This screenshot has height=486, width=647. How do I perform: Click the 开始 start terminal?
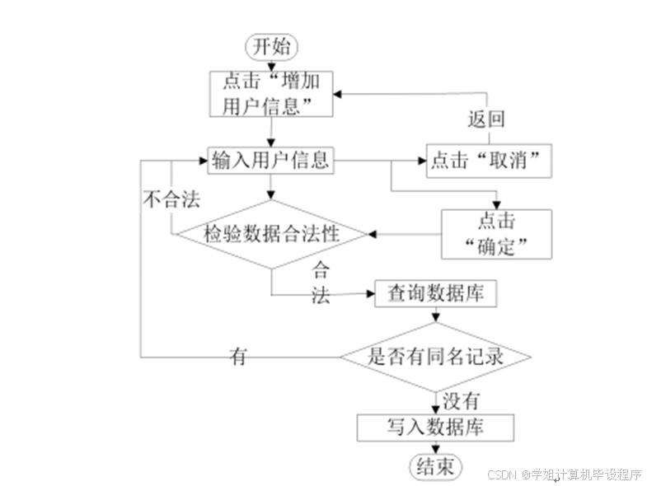coord(271,46)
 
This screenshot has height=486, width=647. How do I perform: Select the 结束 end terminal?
coord(435,468)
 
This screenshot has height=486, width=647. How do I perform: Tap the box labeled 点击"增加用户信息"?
coord(271,93)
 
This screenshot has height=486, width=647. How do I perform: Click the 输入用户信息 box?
coord(270,160)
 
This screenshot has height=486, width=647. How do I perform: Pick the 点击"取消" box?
coord(489,161)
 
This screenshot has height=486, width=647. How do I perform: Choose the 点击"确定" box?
coord(496,233)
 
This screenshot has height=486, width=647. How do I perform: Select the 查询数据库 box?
coord(436,294)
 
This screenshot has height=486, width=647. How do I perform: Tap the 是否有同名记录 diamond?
coord(436,357)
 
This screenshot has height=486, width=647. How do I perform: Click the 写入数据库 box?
coord(435,428)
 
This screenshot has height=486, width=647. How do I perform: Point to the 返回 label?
coord(486,119)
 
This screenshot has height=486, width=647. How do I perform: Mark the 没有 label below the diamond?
coord(462,402)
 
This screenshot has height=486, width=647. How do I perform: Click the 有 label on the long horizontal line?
coord(238,357)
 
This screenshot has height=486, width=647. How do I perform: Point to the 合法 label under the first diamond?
coord(321,283)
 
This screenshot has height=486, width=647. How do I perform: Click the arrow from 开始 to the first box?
coord(271,64)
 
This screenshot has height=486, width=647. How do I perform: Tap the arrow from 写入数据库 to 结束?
coord(435,447)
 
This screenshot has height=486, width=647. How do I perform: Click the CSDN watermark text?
coord(564,474)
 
